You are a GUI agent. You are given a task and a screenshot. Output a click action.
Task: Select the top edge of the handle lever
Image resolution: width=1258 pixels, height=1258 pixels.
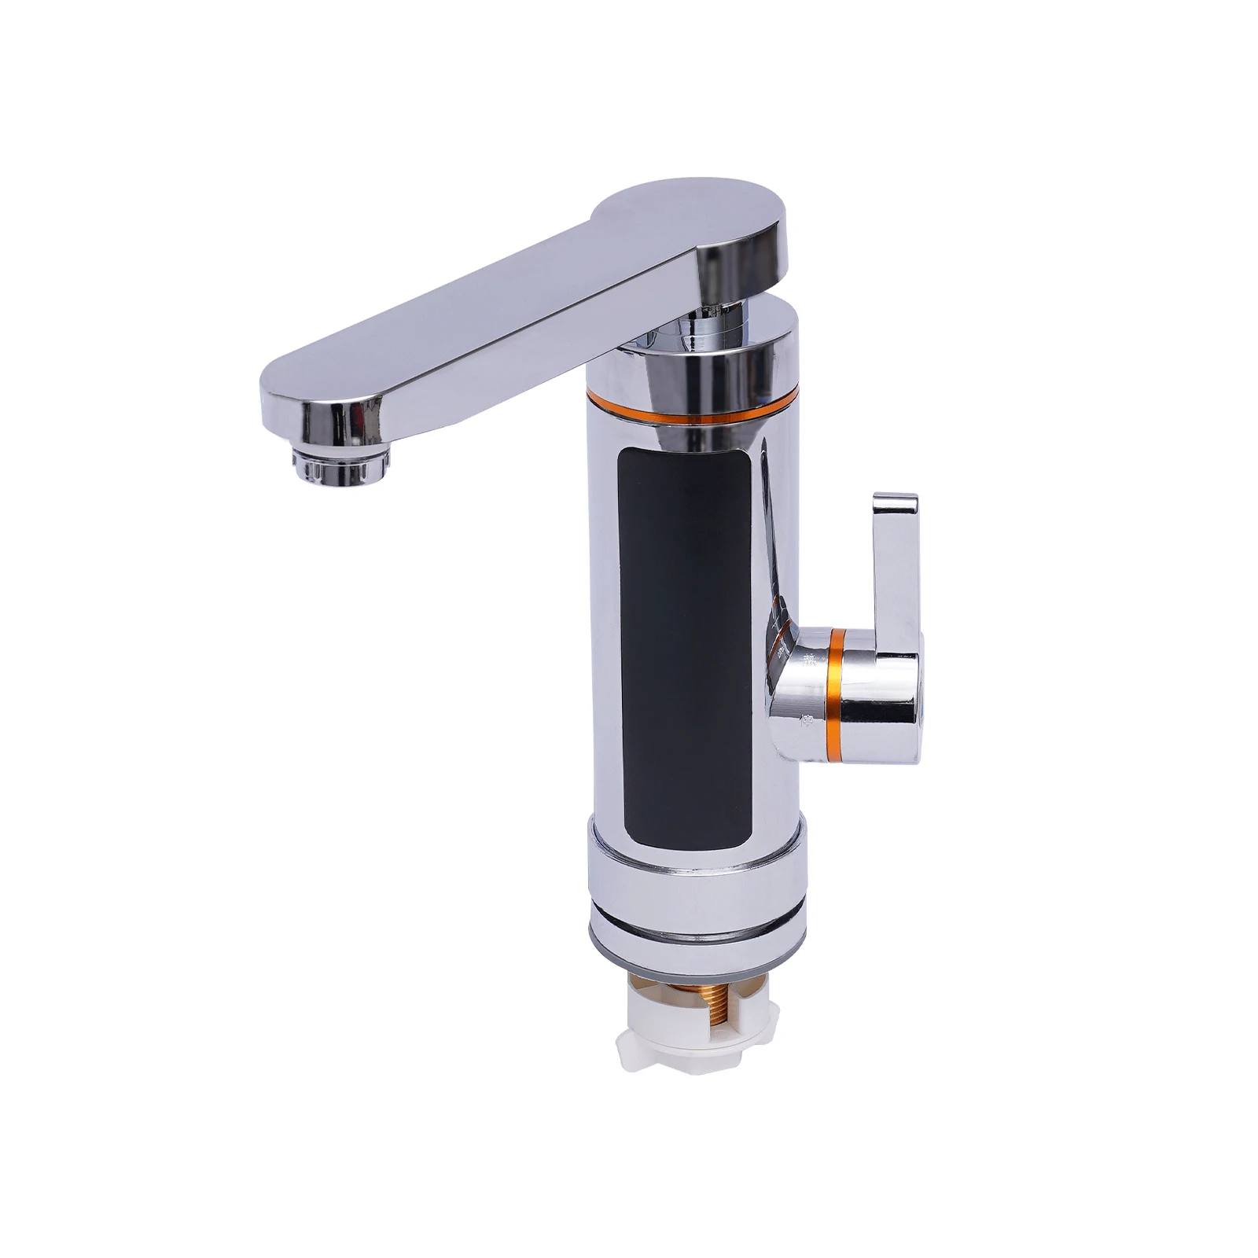point(896,498)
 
